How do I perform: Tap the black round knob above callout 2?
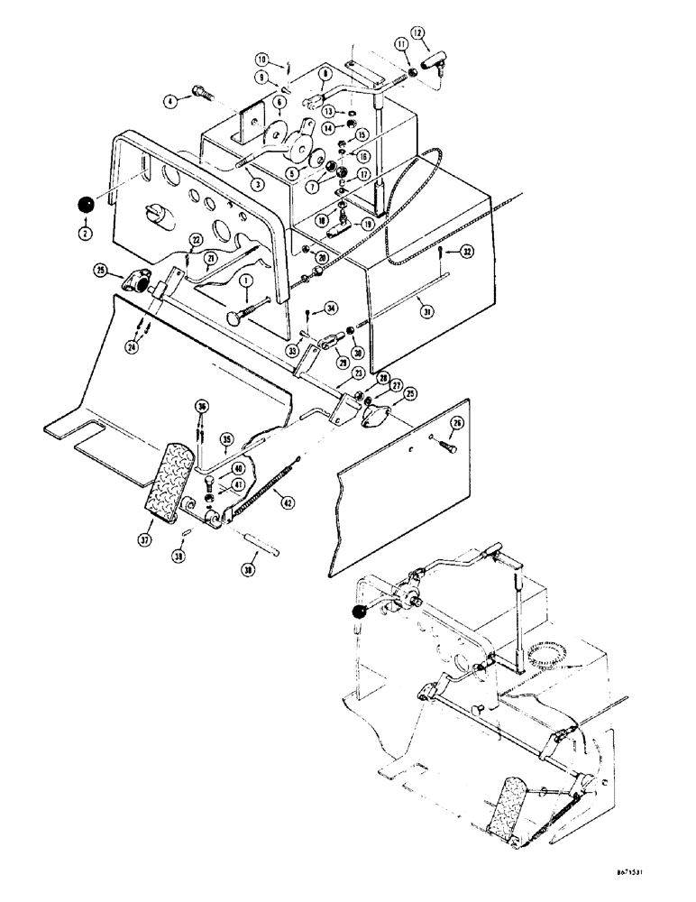pos(87,205)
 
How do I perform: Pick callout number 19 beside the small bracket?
pos(369,224)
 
